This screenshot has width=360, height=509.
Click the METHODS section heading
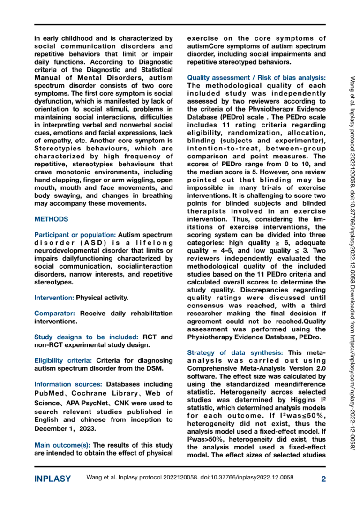coord(51,219)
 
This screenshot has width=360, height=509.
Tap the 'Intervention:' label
coord(54,297)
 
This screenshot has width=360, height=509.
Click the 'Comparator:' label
coord(55,313)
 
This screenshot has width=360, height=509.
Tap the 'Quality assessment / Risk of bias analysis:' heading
coord(256,77)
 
